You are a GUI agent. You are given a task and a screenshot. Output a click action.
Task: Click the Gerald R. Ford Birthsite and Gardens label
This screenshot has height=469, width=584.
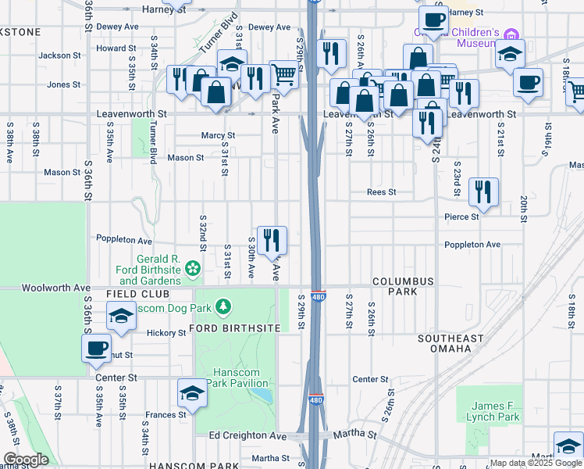[150, 270]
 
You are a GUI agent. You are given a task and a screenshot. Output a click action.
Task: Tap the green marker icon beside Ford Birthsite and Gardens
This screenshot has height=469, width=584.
[192, 270]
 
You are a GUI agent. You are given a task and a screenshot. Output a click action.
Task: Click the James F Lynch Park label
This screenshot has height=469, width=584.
[497, 411]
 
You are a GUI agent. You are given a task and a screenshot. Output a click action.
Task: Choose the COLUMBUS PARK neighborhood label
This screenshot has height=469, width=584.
[402, 286]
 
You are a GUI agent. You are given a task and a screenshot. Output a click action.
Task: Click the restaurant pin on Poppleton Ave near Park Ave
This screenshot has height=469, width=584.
[272, 239]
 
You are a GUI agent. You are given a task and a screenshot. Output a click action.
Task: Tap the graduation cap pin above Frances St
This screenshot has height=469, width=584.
[192, 394]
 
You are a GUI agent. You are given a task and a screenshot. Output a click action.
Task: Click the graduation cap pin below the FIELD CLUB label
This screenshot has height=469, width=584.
[121, 317]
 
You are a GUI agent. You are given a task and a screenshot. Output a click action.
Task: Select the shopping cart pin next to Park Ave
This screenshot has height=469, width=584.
[284, 75]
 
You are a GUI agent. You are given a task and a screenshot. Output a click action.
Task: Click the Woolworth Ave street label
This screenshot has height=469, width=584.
[56, 288]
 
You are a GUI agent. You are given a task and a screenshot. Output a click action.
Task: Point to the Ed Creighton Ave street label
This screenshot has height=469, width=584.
[247, 435]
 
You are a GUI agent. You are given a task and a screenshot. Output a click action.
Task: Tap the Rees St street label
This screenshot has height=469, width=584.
[383, 192]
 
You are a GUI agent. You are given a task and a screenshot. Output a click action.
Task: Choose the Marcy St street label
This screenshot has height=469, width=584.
[218, 135]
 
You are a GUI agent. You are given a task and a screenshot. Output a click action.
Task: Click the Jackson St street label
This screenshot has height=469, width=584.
[59, 55]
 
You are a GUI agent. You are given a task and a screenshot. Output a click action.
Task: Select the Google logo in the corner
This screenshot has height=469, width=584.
[26, 460]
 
